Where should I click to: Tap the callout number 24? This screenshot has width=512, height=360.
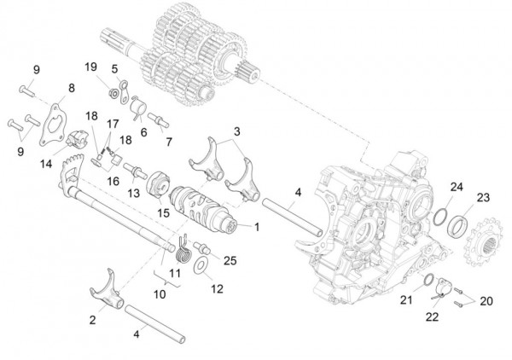[x=457, y=186]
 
